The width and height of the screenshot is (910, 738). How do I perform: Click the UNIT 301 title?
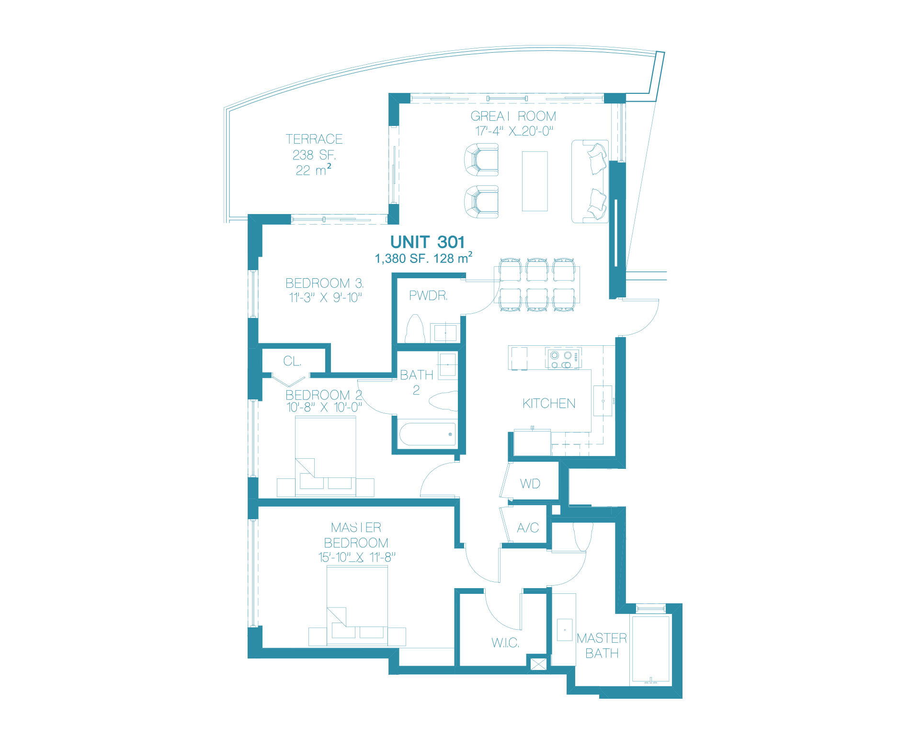(x=427, y=242)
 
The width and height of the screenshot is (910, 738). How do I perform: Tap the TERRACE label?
(x=314, y=139)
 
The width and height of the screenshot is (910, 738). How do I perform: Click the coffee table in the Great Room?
(x=535, y=181)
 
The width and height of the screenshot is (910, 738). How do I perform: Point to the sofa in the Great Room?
(x=590, y=182)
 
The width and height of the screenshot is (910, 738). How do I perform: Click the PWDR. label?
(x=428, y=296)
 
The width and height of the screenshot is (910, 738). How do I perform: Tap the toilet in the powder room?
(x=415, y=329)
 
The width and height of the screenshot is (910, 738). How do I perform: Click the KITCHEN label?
(x=549, y=404)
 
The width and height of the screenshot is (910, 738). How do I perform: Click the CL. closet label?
(x=292, y=361)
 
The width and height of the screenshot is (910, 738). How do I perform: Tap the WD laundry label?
(x=530, y=484)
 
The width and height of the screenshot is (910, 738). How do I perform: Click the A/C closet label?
(x=528, y=528)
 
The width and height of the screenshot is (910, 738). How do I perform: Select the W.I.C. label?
(x=505, y=643)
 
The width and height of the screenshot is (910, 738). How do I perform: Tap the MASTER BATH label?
(x=602, y=646)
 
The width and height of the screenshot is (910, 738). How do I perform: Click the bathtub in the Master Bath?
(x=650, y=649)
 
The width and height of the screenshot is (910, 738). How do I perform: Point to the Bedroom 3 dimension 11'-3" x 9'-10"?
(x=325, y=298)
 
